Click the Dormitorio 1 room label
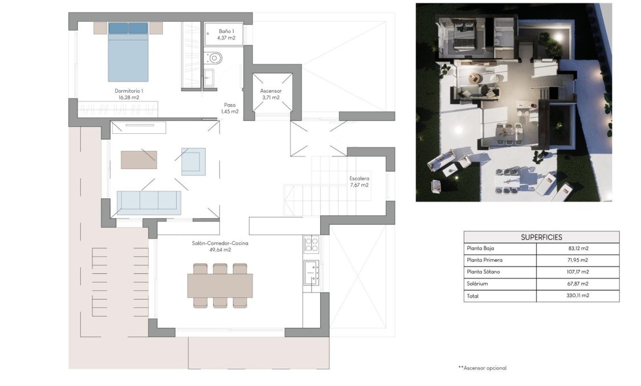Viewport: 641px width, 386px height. point(129,94)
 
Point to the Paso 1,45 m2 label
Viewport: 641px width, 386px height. point(230,108)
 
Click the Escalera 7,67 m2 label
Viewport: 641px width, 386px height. point(359,181)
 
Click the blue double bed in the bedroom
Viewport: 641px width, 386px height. point(128,52)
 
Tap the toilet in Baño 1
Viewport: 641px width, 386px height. point(214,58)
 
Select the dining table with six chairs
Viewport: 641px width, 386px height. point(220,285)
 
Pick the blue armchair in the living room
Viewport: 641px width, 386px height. point(193,161)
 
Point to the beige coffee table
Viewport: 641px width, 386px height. point(138,159)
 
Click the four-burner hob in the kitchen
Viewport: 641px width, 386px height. point(312,244)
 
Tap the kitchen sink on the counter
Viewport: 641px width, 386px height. point(311,272)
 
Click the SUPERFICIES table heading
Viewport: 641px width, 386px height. point(541,237)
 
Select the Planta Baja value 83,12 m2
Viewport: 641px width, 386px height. point(577,249)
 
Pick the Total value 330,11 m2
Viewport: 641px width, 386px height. point(577,296)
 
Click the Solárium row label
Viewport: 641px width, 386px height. point(477,284)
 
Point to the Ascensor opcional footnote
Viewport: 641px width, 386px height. point(482,368)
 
